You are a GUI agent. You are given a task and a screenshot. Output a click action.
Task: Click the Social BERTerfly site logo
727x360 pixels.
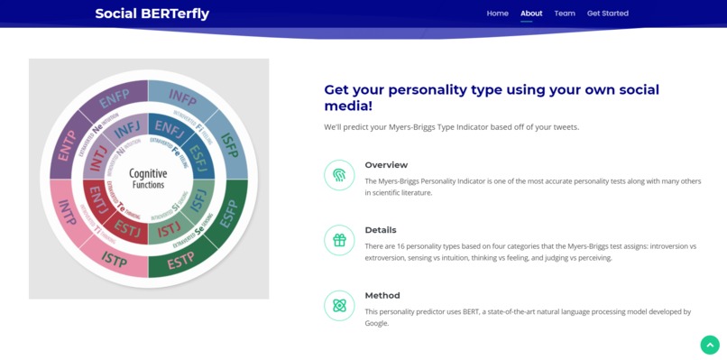152,14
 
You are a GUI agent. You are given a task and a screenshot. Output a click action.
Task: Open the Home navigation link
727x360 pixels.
497,14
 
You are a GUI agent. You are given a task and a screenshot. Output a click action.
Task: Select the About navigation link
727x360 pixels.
531,14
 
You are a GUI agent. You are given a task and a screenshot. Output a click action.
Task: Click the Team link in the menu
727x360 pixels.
565,14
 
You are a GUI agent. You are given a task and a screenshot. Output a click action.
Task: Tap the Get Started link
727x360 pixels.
607,14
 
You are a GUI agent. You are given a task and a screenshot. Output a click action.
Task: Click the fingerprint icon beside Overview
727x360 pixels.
339,175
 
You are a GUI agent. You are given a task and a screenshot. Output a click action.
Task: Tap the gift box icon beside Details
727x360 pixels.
339,241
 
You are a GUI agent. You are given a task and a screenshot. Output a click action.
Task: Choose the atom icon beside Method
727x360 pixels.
339,306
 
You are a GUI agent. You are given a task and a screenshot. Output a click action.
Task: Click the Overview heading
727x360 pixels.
386,165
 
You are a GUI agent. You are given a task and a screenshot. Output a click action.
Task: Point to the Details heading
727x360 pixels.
380,230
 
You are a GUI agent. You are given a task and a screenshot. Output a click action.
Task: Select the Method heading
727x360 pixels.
382,295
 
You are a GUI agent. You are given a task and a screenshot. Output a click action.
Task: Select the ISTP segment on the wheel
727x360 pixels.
115,260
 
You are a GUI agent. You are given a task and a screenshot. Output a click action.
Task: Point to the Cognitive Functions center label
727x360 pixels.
148,179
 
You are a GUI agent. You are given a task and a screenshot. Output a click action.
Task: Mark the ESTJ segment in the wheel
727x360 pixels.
128,229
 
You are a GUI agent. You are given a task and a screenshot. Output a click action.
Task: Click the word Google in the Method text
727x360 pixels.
376,323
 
